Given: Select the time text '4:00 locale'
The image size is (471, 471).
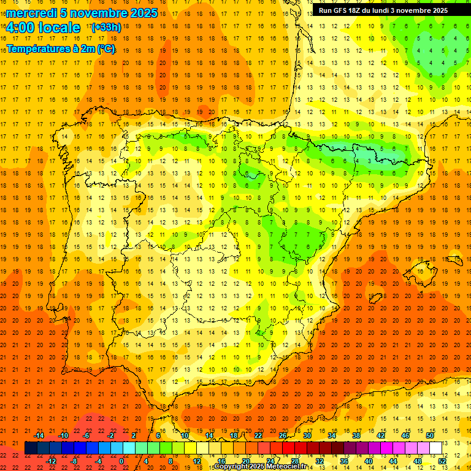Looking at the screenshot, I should (x=43, y=28).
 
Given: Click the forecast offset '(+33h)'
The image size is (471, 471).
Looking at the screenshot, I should (x=106, y=28).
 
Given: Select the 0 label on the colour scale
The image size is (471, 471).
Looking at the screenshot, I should (x=121, y=461).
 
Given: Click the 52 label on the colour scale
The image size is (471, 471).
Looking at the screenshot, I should (x=442, y=461).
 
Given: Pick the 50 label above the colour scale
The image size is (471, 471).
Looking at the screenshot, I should (x=430, y=435).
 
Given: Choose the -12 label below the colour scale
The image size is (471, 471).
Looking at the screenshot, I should (x=51, y=461).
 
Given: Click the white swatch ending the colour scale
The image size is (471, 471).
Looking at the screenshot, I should (x=435, y=448).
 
